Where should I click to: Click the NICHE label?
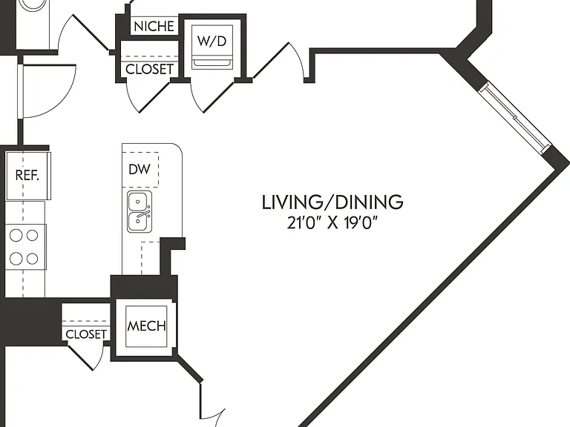154,26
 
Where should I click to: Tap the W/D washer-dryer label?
212,41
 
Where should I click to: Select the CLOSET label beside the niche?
149,69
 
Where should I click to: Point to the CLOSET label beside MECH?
86,334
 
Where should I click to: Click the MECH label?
146,326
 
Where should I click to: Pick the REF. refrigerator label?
27,176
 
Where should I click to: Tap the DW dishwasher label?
140,169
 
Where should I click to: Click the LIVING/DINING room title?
332,202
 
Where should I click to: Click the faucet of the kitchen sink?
143,215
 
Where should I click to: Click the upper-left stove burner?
16,235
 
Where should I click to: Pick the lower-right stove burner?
33,259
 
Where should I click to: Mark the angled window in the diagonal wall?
515,118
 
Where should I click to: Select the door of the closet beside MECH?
86,357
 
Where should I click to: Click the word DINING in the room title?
369,202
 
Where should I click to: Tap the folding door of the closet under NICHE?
148,97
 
